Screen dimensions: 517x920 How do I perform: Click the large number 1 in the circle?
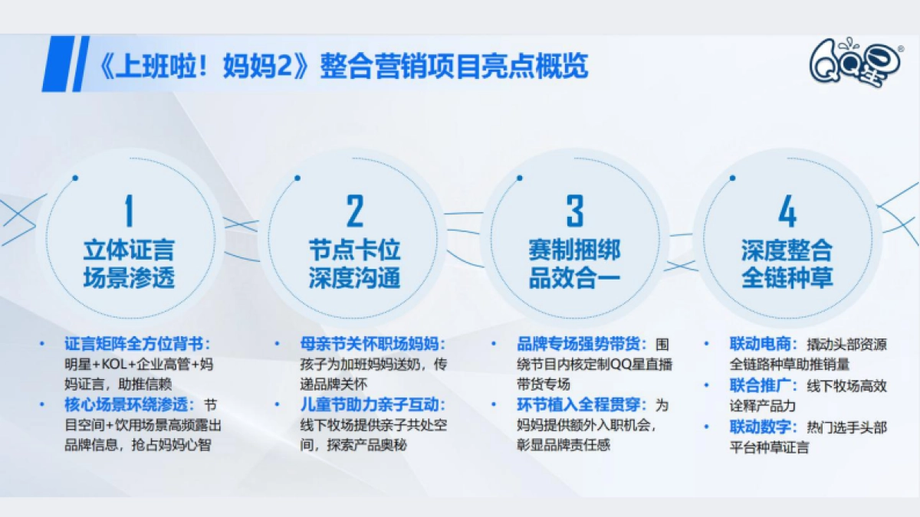pos(128,211)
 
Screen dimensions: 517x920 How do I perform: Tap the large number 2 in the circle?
pos(354,211)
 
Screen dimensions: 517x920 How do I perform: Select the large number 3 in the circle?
pos(575,211)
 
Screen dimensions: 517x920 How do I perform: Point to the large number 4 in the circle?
pos(787,211)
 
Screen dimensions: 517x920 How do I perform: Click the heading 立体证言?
pos(129,250)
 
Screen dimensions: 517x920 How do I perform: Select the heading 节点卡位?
pos(354,250)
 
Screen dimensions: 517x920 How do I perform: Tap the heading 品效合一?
pos(574,277)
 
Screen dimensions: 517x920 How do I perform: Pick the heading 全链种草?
pos(787,277)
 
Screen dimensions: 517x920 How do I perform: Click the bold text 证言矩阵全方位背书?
pos(136,344)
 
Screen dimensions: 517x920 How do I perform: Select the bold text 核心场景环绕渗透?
pos(128,404)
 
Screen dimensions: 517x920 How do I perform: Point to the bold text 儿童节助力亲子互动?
pos(372,404)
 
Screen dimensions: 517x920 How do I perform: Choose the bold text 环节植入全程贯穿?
pos(583,404)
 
